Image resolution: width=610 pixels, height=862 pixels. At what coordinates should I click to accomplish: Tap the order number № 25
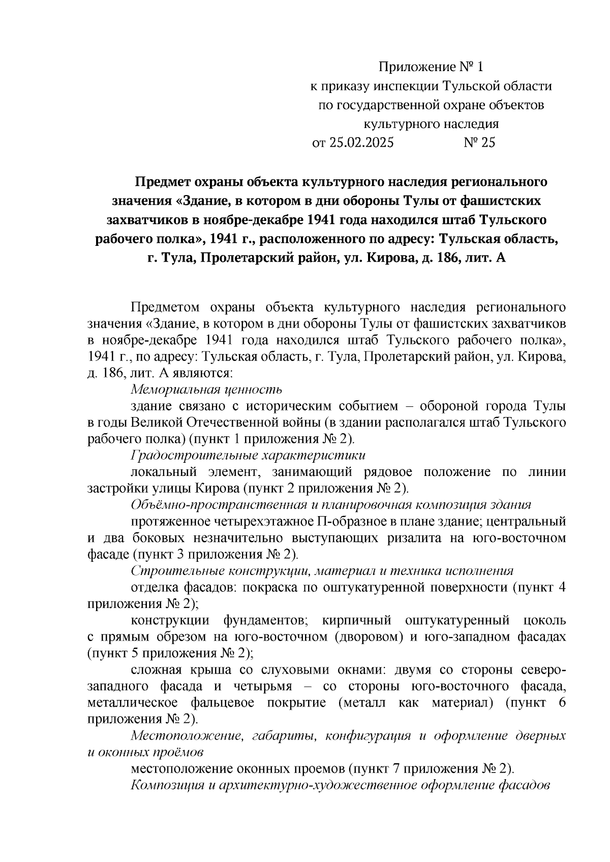point(479,143)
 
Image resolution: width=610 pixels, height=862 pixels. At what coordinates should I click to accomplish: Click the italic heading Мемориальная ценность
point(206,390)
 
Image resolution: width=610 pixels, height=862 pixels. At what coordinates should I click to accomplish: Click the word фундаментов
point(263,620)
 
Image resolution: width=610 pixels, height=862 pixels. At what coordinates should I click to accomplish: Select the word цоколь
point(544,620)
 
